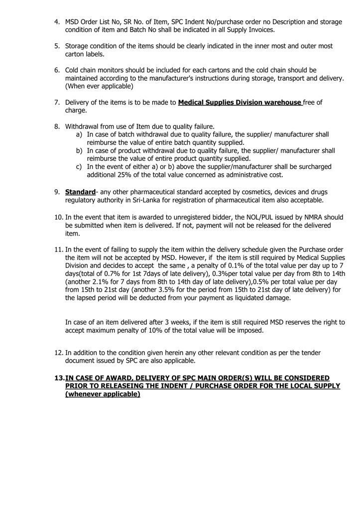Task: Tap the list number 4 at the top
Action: [x=58, y=22]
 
